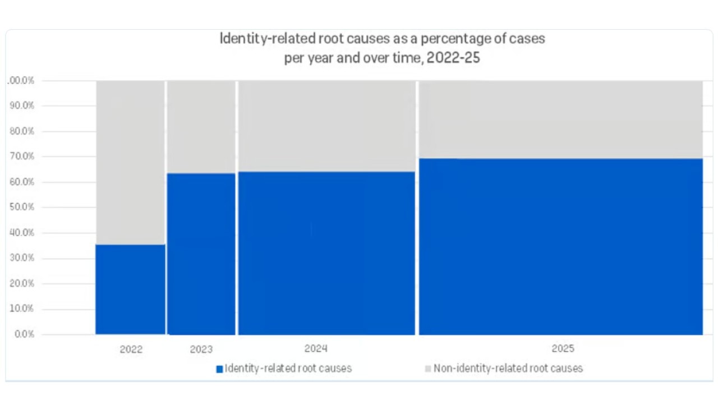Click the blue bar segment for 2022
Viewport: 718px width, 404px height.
130,289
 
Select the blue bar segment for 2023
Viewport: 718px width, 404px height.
201,254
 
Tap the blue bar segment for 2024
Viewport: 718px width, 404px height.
326,253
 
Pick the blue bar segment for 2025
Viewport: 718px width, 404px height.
561,246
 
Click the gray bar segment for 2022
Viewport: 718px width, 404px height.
130,162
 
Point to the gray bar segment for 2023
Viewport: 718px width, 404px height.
201,127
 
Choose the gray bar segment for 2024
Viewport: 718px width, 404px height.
326,126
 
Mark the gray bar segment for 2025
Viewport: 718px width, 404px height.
561,120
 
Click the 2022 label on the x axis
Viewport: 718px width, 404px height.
131,349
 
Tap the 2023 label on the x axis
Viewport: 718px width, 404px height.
201,349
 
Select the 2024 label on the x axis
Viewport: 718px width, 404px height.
316,348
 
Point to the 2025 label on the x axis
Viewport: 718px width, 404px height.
563,348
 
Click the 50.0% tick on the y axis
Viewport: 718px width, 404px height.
22,207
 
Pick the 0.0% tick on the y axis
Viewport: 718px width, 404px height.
24,334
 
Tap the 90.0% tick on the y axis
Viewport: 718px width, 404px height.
22,105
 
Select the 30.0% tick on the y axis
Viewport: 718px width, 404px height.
22,258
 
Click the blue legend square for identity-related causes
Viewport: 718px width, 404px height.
220,369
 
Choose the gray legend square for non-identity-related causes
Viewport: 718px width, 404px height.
429,369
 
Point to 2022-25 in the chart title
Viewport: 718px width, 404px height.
453,58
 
